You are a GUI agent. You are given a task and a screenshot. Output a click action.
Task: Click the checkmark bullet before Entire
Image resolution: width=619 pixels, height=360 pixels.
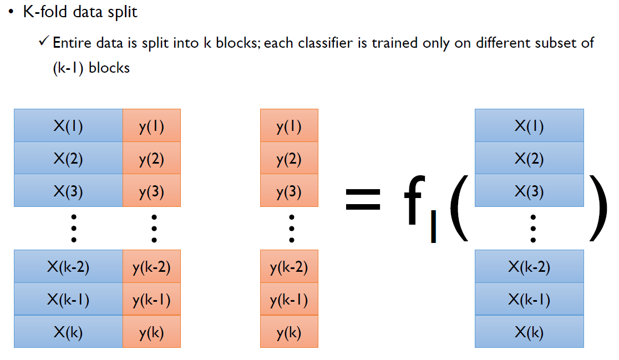45,43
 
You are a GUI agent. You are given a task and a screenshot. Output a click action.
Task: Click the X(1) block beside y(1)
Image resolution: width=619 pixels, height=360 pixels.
68,126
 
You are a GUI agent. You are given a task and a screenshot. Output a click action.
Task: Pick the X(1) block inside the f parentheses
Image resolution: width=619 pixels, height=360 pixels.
529,126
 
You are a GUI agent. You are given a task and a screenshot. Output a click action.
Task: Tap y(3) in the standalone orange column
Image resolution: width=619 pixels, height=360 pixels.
289,191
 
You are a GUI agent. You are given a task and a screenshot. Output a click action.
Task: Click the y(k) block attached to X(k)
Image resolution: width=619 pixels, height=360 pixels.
151,332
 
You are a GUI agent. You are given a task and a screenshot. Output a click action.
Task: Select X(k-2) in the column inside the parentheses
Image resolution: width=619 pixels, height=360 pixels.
529,267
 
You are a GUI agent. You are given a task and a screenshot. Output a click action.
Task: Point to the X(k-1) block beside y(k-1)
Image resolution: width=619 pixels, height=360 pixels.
68,300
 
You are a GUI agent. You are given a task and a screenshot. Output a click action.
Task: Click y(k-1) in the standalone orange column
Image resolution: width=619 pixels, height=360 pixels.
289,300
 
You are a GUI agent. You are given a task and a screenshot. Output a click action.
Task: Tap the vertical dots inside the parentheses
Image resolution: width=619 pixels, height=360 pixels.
533,229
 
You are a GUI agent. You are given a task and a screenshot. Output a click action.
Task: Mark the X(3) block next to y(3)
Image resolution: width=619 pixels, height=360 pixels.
68,191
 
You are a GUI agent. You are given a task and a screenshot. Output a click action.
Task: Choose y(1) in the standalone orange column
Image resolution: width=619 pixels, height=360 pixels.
289,126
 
